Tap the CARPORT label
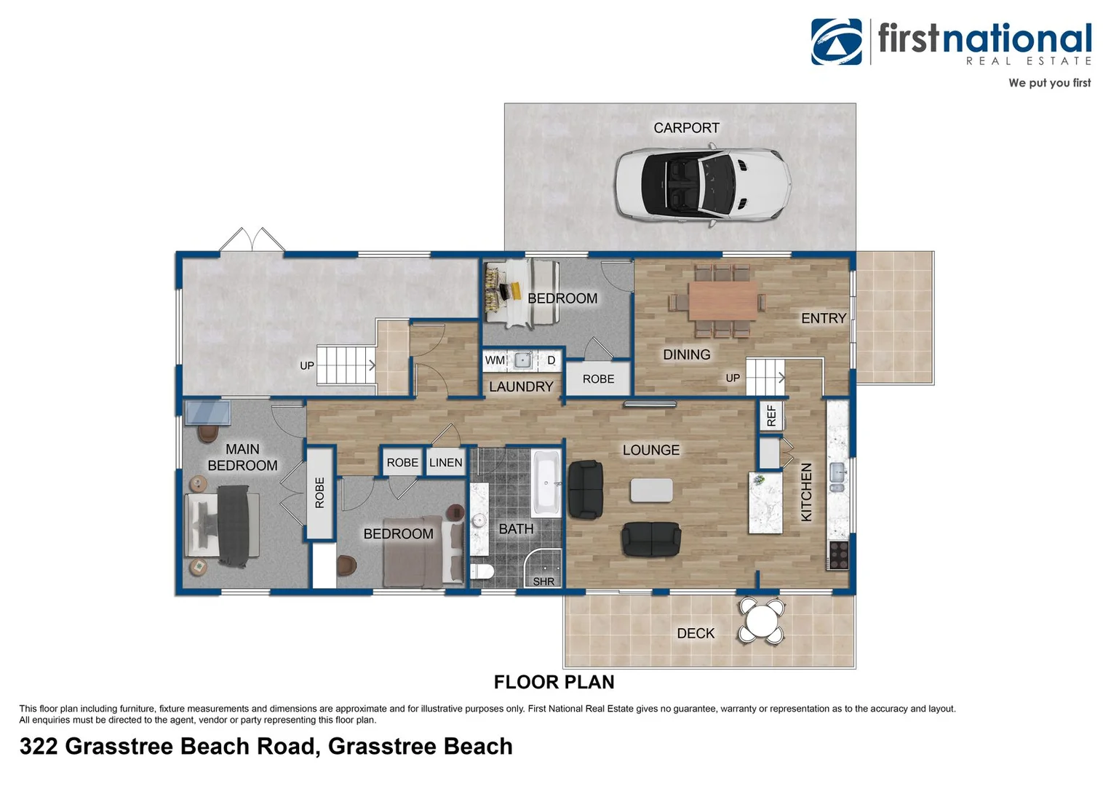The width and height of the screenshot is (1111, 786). (686, 128)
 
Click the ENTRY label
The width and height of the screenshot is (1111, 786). (823, 318)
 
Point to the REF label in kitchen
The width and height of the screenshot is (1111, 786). (770, 416)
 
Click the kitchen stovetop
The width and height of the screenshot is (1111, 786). (838, 555)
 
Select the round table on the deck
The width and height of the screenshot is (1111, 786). (761, 621)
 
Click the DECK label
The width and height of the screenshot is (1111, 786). (696, 633)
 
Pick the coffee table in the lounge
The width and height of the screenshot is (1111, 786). (651, 490)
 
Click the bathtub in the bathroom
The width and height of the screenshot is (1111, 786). (546, 483)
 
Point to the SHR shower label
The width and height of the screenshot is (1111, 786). (543, 581)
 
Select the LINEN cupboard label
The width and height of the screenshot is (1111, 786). (445, 463)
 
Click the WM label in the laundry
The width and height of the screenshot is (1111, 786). (495, 360)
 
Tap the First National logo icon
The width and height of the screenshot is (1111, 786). (837, 41)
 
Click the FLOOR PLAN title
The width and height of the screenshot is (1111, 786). (554, 682)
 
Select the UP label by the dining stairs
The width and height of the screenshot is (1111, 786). (733, 378)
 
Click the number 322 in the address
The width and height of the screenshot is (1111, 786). (38, 746)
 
